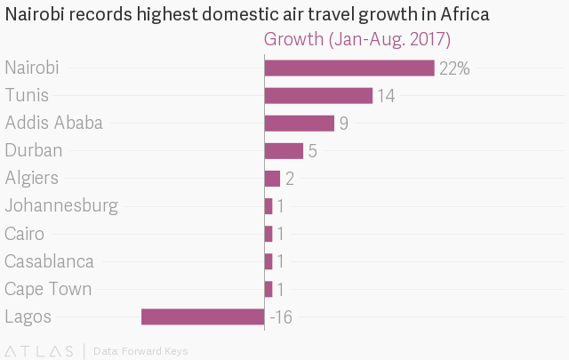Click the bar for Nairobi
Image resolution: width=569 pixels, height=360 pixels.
pos(349,68)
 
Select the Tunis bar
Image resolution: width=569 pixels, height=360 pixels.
pos(318,96)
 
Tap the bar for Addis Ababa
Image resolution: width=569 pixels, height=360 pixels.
pos(299,124)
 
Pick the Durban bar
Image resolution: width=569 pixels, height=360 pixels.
pos(284,151)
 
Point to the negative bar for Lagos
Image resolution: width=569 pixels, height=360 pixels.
pos(203,316)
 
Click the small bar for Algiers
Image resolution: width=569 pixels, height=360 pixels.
pos(272,179)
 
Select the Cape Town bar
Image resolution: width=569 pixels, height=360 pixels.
pos(268,289)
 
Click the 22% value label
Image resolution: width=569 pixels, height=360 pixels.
pos(454,68)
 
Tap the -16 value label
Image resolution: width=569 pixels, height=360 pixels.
pos(281,316)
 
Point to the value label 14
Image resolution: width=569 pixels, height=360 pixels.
pos(386,96)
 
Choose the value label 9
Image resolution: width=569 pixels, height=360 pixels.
pos(343,124)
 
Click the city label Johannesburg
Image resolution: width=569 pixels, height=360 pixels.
pos(61,206)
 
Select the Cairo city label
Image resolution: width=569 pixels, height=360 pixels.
pos(24,234)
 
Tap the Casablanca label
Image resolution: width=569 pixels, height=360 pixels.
pos(49,261)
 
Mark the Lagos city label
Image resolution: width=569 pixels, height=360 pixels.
pos(28,316)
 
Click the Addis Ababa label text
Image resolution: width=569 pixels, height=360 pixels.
pos(53,124)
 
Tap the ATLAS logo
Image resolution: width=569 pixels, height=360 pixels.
pos(39,350)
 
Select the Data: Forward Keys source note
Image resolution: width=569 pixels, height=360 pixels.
pos(140,351)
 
